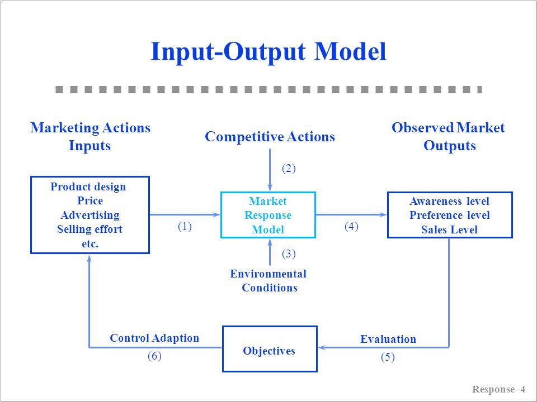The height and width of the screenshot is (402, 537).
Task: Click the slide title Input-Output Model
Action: click(x=268, y=52)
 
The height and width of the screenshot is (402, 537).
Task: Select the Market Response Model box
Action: click(x=268, y=215)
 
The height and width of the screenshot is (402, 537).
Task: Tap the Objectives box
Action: click(x=269, y=351)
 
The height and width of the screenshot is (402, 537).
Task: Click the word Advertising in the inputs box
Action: click(x=90, y=215)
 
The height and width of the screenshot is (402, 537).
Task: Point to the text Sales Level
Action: click(x=449, y=229)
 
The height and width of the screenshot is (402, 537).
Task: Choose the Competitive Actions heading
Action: click(x=270, y=137)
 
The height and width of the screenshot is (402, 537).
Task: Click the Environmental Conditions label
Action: click(x=268, y=281)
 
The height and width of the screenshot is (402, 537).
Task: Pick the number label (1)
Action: click(x=185, y=226)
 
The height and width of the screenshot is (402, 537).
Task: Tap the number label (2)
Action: click(x=288, y=168)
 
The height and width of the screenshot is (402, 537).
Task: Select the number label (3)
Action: click(x=288, y=254)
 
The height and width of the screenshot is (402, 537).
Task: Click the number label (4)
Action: click(x=351, y=226)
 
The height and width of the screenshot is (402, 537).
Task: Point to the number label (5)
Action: click(x=388, y=358)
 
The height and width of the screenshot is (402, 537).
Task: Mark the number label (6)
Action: click(x=154, y=356)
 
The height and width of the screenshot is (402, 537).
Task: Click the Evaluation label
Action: click(x=388, y=339)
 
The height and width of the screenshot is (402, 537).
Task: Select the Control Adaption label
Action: click(x=154, y=338)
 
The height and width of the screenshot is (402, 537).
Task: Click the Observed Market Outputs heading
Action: click(x=449, y=137)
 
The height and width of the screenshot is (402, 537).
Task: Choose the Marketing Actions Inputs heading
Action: click(x=90, y=137)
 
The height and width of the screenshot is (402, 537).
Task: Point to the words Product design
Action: click(x=88, y=186)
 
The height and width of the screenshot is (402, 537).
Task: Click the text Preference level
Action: click(x=449, y=215)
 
